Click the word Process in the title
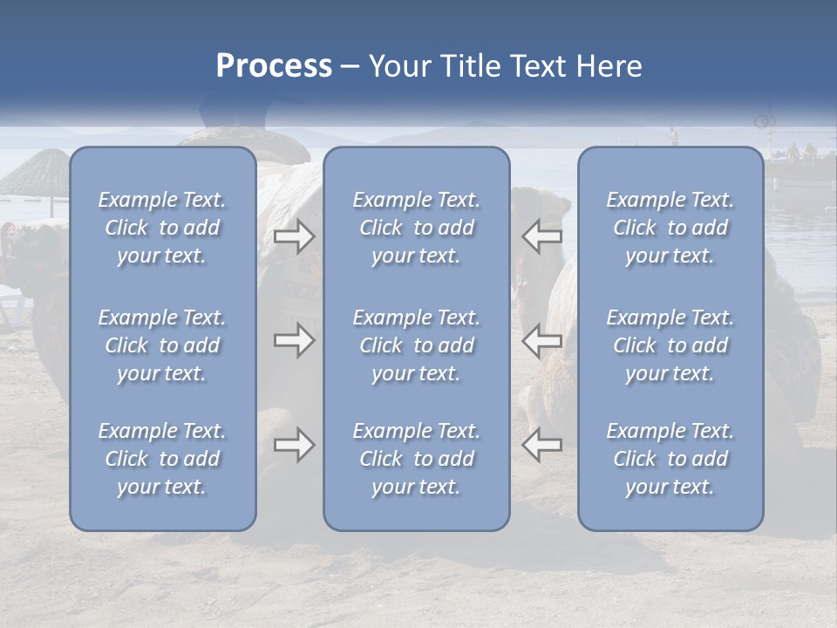coord(274,66)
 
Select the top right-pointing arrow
coord(294,236)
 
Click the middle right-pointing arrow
coord(294,340)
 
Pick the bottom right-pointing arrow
coord(294,445)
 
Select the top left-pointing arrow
coord(542,236)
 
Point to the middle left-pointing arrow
coord(542,340)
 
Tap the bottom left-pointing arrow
coord(542,445)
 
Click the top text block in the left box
coord(162,228)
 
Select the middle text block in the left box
coord(162,345)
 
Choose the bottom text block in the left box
coord(162,459)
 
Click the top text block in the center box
coord(417,228)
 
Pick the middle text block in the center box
coord(417,345)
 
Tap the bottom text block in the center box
coord(417,459)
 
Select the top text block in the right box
coord(670,228)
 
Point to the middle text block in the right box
coord(670,345)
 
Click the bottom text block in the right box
coord(670,459)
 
